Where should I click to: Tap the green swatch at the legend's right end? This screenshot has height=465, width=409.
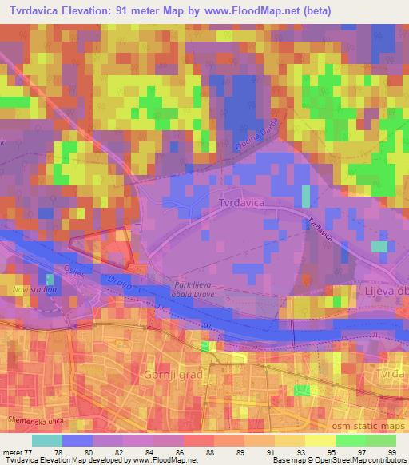[381, 439]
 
